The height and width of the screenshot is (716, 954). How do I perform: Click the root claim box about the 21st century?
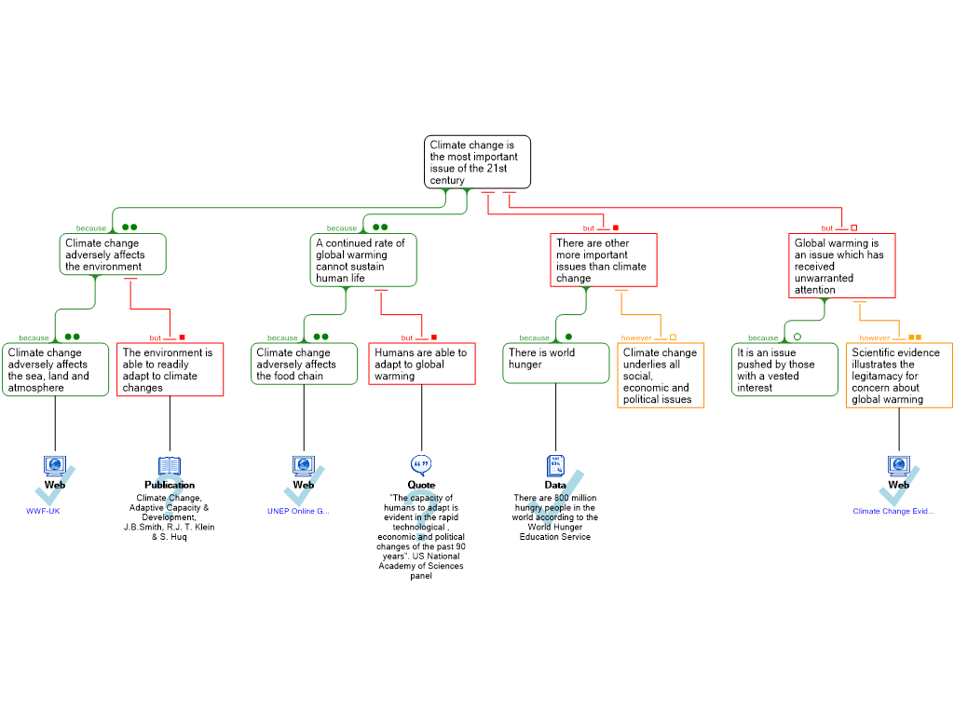tap(477, 162)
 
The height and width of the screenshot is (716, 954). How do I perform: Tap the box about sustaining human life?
tap(363, 260)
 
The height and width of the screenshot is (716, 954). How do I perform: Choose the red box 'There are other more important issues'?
tap(604, 260)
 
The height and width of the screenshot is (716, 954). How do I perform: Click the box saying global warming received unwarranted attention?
tap(842, 266)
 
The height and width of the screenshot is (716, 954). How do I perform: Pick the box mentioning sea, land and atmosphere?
tap(56, 370)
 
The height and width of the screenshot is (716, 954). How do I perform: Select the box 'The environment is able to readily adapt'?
tap(170, 370)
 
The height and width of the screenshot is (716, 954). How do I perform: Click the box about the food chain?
tap(305, 364)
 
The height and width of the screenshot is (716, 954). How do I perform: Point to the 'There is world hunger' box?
tap(556, 364)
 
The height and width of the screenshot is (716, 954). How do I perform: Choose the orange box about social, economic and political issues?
tap(661, 376)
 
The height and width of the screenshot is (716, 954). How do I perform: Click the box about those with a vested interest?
tap(784, 370)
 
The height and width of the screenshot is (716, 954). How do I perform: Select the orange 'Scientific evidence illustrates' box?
tap(900, 376)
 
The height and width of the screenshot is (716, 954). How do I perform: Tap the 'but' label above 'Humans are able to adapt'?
tap(407, 338)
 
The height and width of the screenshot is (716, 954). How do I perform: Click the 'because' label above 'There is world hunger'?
tap(534, 338)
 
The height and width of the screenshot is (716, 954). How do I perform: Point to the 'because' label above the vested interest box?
tap(762, 338)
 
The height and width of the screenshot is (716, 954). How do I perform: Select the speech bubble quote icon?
tap(422, 463)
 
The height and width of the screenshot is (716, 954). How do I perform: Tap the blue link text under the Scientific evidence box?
tap(893, 511)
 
